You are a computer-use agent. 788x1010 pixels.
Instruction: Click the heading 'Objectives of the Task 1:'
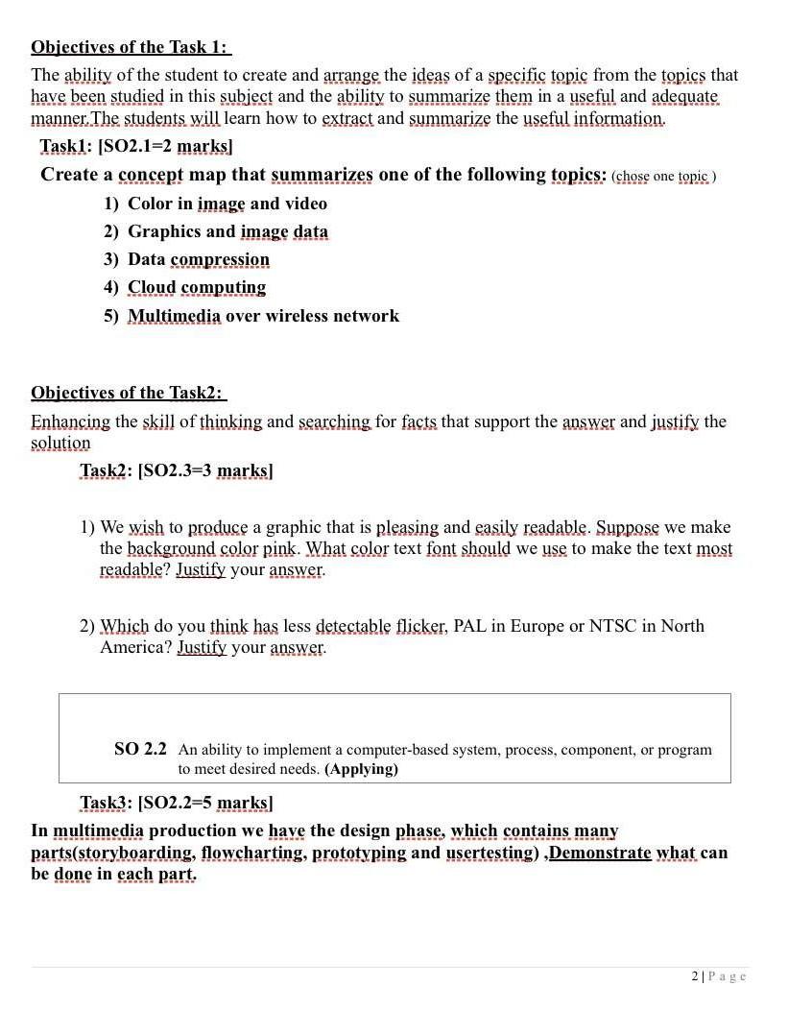[131, 47]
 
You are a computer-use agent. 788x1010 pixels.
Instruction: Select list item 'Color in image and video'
[227, 204]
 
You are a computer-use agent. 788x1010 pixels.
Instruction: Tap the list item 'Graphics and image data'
[227, 231]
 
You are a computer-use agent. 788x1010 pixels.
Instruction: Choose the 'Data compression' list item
[198, 259]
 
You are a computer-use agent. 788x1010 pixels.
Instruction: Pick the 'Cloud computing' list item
[196, 287]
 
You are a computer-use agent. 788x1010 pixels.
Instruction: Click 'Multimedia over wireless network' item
[263, 316]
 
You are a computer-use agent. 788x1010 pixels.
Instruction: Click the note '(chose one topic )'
[663, 177]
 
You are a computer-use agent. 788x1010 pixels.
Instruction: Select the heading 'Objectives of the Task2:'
[128, 393]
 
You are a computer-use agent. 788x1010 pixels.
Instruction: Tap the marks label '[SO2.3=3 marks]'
[205, 470]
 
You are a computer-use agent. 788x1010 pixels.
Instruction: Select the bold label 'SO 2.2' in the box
[140, 749]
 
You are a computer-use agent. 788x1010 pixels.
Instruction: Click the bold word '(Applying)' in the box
[361, 769]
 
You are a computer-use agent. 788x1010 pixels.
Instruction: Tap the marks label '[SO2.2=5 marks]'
[205, 803]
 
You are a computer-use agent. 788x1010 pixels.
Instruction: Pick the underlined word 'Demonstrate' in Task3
[600, 853]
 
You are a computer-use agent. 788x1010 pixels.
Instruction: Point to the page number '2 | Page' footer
[718, 976]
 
